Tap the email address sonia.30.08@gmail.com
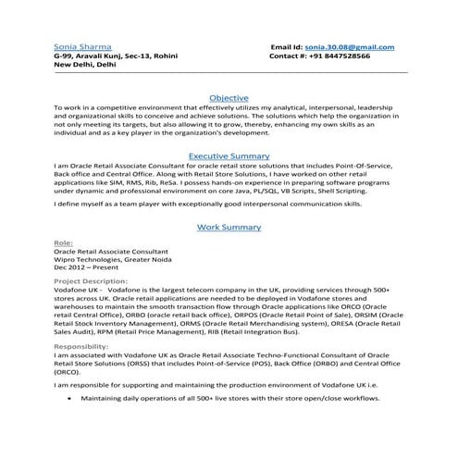[x=350, y=46]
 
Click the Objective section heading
[x=228, y=97]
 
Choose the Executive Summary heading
[x=228, y=156]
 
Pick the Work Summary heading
[x=228, y=227]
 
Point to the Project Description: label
[x=91, y=279]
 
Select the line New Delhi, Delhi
[x=85, y=65]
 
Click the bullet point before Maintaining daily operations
[x=70, y=397]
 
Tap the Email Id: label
[x=286, y=46]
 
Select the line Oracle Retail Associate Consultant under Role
[x=111, y=253]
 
